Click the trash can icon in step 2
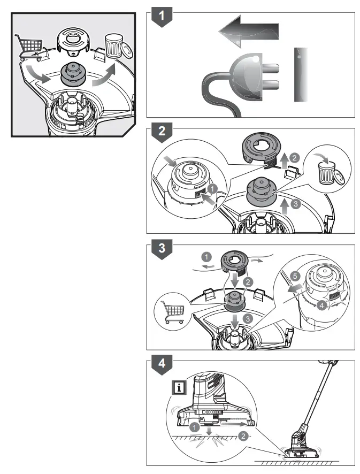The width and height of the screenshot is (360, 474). [x=326, y=171]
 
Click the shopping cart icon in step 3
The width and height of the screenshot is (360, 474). [x=173, y=311]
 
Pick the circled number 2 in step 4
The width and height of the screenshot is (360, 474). [x=243, y=436]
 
